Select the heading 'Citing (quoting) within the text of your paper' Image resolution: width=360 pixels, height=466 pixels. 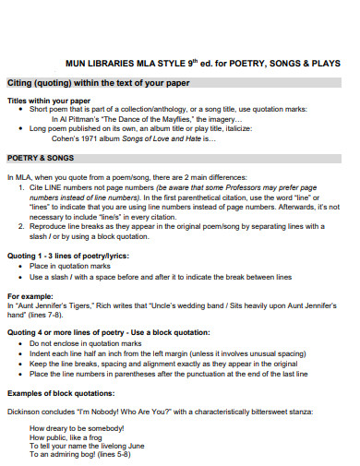(97, 83)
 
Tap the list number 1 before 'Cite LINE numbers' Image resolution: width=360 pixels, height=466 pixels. (20, 187)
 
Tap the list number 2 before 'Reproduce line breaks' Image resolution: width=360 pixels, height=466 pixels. (20, 225)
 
